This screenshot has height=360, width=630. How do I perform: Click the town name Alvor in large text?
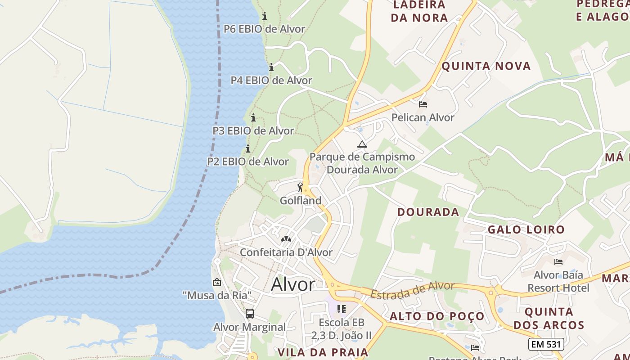coord(293,284)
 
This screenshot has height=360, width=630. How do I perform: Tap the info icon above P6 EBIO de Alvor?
coord(265,16)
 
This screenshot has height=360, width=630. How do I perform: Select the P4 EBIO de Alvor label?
coord(271,80)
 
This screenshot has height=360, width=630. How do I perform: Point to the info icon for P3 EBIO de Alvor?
coord(253,118)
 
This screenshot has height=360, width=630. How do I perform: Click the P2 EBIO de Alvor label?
coord(248,161)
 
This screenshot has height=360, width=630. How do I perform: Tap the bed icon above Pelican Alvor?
coord(423,104)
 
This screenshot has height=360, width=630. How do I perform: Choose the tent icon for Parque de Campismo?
coord(362,144)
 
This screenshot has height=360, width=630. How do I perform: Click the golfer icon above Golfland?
coord(301,187)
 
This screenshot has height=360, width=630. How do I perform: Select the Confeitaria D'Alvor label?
coord(286,252)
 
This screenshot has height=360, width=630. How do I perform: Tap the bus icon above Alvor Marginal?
coord(250,314)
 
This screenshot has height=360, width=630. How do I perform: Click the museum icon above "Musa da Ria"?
coord(217,283)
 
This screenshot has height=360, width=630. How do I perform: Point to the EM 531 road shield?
coord(546,344)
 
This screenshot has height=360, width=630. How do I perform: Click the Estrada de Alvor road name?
coord(412,289)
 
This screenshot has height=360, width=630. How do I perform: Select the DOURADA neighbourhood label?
coord(428,212)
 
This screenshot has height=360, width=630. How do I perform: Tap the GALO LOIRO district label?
coord(526,229)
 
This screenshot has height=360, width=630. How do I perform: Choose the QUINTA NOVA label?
coord(486,66)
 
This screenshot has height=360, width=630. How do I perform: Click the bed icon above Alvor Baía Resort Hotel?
coord(558,261)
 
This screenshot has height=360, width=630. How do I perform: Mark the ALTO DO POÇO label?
coord(437,316)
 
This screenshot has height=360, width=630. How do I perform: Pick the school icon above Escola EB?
coord(342,309)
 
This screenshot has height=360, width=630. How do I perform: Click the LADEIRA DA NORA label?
coord(419,11)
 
